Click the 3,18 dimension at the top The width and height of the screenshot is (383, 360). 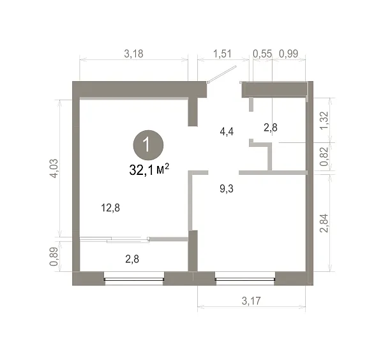133,54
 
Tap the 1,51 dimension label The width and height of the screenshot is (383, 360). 222,54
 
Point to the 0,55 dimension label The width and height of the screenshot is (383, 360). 262,54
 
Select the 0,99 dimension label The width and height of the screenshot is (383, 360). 289,54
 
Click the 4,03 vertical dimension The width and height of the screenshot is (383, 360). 54,169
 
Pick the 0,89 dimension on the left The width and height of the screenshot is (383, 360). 54,256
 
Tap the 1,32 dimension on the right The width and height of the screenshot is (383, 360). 325,121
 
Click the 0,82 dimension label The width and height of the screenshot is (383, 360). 325,157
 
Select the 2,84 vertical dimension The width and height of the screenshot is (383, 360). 325,223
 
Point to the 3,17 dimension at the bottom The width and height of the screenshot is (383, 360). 251,301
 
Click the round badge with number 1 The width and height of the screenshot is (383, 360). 148,146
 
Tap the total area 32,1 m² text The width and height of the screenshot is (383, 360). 149,170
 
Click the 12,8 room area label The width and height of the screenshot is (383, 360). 110,208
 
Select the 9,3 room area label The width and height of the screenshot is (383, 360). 227,189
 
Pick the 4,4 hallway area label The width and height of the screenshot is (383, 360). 227,131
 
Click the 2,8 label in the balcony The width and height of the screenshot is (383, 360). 132,259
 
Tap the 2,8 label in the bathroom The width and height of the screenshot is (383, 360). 271,128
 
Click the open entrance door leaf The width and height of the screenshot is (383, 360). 222,74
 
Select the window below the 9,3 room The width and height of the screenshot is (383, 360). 245,279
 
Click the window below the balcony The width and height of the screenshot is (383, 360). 134,279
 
